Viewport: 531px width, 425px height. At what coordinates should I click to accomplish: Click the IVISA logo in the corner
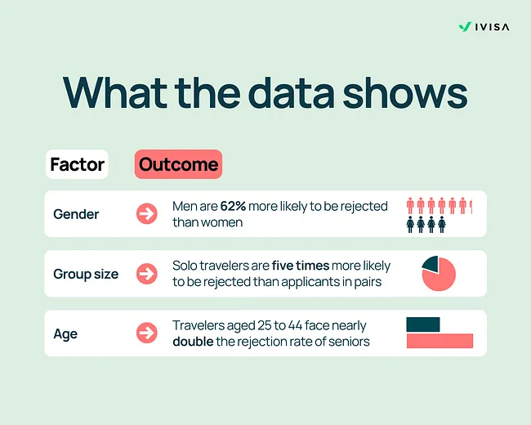point(483,26)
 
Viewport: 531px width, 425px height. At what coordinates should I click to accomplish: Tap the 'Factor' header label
point(77,164)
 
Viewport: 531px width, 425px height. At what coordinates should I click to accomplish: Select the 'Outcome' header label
point(178,164)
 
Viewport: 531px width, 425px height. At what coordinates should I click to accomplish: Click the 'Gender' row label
point(76,214)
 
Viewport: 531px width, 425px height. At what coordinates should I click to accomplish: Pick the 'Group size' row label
point(86,274)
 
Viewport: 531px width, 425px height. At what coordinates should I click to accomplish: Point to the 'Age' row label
point(65,333)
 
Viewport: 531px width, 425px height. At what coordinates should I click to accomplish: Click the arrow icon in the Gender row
point(147,214)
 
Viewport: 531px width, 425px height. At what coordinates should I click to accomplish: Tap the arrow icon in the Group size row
point(147,274)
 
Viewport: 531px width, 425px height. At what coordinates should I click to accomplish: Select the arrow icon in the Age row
point(147,333)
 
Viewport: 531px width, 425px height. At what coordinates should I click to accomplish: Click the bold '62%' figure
point(234,207)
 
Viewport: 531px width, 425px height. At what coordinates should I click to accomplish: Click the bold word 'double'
point(193,341)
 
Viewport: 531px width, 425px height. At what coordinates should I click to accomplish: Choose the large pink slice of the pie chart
point(440,278)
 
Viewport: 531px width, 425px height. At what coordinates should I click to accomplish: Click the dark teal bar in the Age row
point(423,324)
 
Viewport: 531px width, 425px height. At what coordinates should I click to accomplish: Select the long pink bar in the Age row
point(440,341)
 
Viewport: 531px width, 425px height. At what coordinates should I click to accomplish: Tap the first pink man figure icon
point(411,205)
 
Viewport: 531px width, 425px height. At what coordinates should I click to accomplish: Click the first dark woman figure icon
point(411,224)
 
